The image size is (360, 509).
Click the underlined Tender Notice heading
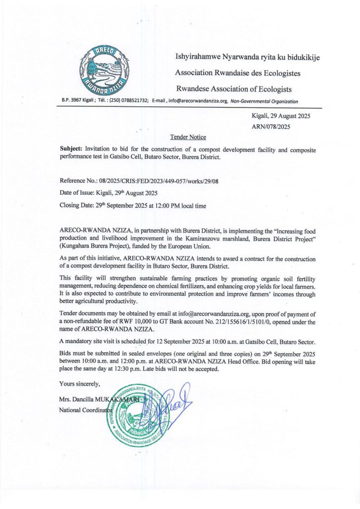[x=187, y=137]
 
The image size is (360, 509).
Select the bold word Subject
[x=71, y=149]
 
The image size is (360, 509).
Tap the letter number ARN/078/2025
[x=271, y=126]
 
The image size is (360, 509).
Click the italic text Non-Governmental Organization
[x=264, y=101]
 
